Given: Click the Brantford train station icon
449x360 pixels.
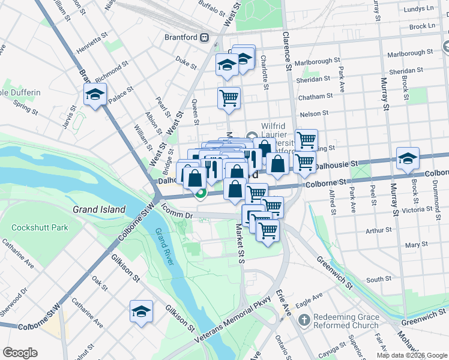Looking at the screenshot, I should coord(205,37).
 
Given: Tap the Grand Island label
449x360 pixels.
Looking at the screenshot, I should coord(99,209).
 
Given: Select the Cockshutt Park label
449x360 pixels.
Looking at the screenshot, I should coord(40,228).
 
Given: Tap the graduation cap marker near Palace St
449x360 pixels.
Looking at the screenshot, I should coord(95,95).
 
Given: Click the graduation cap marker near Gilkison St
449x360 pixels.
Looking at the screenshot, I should coord(141,311).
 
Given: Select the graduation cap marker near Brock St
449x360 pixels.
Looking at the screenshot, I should coord(408,158).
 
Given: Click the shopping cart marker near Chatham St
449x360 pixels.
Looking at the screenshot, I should coord(229,97).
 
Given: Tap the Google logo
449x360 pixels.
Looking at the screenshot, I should coord(20,353).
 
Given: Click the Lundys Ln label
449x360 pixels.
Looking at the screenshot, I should coord(419,8).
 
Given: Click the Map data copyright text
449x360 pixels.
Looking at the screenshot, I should coord(412,355).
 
